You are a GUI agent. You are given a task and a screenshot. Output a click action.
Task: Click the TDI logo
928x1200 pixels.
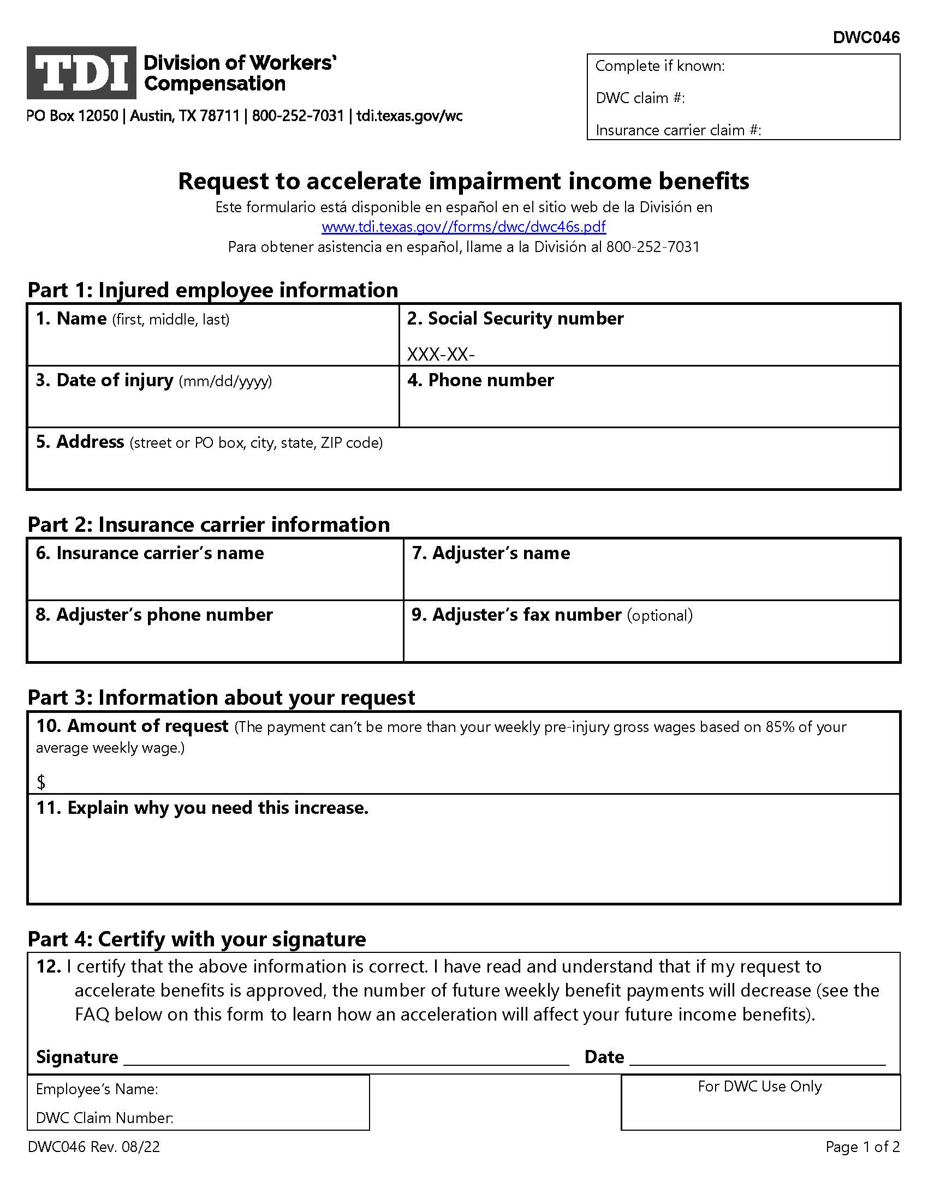point(81,73)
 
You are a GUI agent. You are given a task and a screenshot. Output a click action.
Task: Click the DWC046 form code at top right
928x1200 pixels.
point(866,37)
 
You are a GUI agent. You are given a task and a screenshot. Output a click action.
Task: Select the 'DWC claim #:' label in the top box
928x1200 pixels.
point(640,98)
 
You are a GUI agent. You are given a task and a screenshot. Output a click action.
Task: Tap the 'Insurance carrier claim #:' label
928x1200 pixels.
point(678,130)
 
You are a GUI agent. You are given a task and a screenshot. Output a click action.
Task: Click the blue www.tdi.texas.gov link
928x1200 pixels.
point(463,226)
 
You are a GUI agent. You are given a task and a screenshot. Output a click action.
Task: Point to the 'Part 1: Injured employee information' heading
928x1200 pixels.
point(213,290)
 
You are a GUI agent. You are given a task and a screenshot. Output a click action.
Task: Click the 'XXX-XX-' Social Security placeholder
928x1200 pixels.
point(441,355)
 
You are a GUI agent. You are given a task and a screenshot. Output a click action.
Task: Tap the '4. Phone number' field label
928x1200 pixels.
point(480,380)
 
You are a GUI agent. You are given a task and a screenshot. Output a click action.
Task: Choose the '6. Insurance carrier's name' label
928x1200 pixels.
point(150,553)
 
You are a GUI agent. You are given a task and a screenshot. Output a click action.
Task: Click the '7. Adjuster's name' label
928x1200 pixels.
point(490,553)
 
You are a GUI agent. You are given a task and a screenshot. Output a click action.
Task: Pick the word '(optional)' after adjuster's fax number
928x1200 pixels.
point(660,615)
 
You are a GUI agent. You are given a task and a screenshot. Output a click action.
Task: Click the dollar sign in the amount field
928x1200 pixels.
point(41,782)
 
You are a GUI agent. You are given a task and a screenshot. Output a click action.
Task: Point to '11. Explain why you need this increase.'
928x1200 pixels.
point(202,808)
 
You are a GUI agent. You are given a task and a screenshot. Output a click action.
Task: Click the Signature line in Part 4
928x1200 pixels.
point(346,1058)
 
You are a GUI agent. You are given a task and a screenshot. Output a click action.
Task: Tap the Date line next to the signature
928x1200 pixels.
point(757,1058)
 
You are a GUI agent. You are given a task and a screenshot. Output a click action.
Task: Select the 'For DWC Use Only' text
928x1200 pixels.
point(759,1087)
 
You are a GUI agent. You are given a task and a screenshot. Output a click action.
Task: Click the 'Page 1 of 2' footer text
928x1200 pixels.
point(862,1147)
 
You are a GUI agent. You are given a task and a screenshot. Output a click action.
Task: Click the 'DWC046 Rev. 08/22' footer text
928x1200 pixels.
point(94,1147)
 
